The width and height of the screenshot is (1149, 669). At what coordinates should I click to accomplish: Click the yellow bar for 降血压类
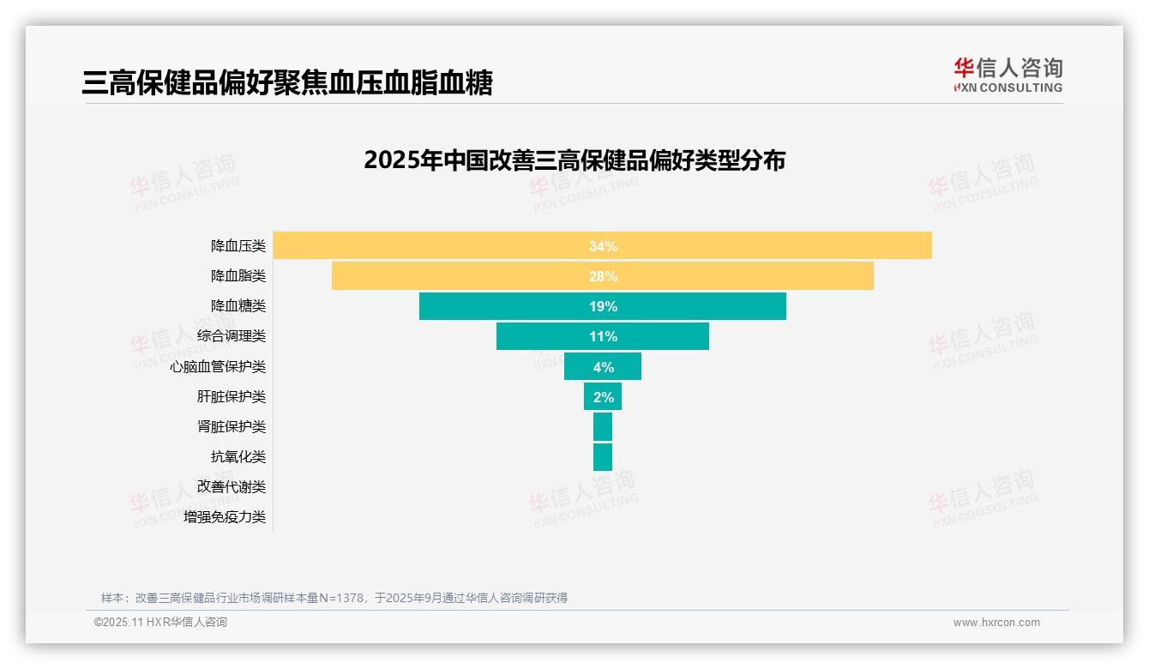tap(772, 245)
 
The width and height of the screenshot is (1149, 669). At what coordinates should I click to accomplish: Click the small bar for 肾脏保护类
tap(603, 426)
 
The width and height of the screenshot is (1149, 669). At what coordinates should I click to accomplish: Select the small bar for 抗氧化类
tap(603, 456)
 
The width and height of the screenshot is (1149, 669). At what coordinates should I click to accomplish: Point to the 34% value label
tap(603, 246)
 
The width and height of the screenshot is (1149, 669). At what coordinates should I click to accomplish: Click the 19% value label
tap(603, 306)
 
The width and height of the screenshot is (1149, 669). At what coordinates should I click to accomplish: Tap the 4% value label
tap(603, 366)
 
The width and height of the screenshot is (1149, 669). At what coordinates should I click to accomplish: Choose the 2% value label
tap(603, 396)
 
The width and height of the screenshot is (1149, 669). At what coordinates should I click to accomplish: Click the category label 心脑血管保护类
tap(218, 366)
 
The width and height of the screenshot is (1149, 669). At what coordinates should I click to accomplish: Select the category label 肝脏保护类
tap(232, 396)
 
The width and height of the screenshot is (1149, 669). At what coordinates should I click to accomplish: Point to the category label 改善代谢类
tap(232, 486)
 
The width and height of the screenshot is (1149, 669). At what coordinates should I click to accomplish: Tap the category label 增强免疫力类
tap(225, 516)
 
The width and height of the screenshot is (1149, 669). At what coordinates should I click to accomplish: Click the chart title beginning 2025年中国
tap(574, 160)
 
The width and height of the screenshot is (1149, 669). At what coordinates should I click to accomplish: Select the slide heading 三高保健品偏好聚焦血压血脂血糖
tap(287, 82)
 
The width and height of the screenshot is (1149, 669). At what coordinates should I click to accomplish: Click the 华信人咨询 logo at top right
tap(1008, 75)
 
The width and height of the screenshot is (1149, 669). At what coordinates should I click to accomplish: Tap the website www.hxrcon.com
tap(996, 623)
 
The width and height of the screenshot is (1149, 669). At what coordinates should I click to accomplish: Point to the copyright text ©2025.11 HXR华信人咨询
tap(160, 623)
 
